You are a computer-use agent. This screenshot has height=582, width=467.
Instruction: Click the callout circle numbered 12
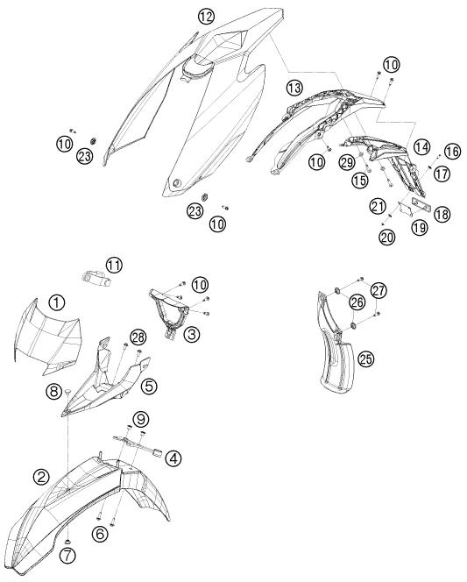click(206, 16)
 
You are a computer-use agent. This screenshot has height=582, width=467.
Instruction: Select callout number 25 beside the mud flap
click(366, 358)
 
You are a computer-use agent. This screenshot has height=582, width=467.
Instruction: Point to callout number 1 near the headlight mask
click(56, 303)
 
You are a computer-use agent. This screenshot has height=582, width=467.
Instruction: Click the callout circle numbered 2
click(41, 476)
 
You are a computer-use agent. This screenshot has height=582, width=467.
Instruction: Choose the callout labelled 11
click(114, 266)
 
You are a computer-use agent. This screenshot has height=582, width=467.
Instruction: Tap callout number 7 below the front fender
click(69, 556)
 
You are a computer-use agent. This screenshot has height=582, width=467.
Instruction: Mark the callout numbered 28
click(138, 337)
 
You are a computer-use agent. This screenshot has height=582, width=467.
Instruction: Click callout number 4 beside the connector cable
click(173, 458)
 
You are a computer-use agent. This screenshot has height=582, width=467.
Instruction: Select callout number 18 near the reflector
click(442, 214)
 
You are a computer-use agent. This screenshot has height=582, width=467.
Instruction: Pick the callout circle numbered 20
click(387, 238)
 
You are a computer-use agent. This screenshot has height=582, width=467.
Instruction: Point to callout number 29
click(348, 162)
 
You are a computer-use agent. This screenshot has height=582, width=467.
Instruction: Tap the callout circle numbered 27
click(379, 290)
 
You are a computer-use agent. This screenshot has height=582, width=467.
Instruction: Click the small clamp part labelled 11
click(96, 277)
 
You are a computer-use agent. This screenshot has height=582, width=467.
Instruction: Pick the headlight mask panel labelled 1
click(46, 334)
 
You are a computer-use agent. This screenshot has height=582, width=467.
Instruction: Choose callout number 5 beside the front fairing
click(149, 387)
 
